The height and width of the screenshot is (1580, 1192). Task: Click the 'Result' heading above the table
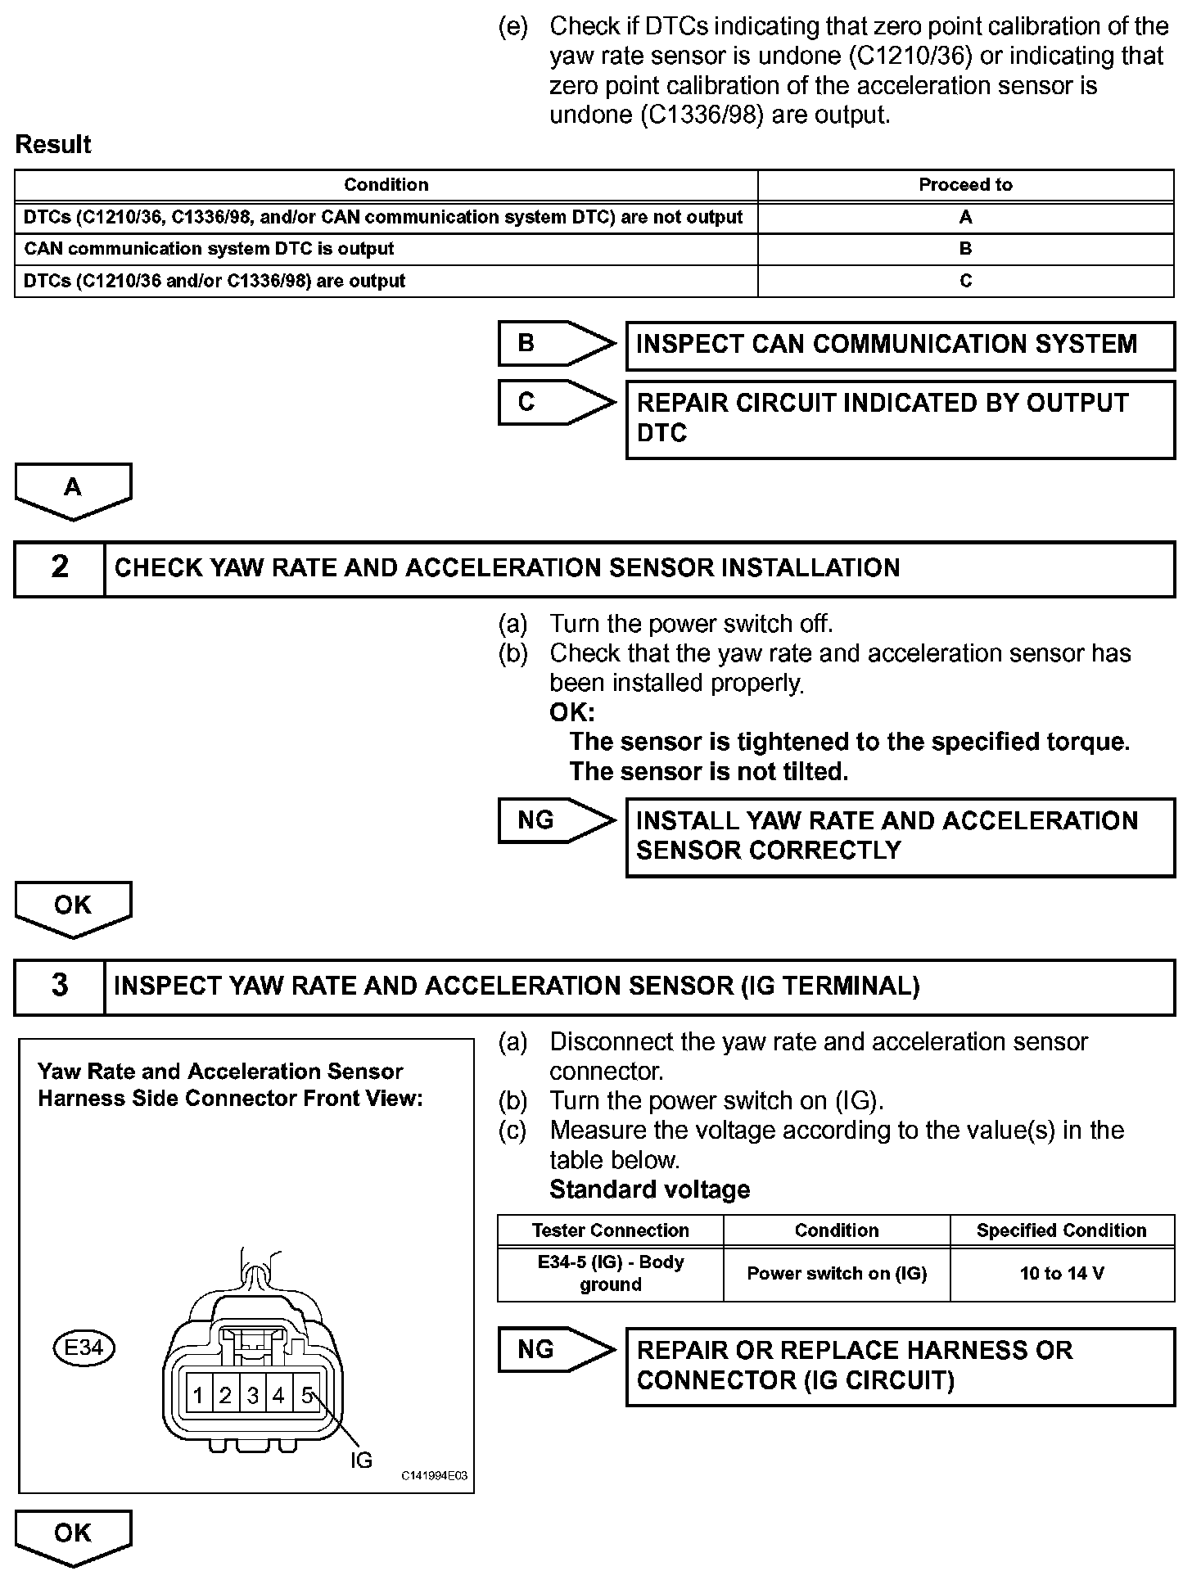coord(53,145)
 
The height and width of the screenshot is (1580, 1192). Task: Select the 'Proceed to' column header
coord(965,185)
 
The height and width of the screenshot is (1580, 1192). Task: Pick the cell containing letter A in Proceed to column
coord(965,217)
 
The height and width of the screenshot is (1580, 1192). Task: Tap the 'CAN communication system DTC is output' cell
coord(209,249)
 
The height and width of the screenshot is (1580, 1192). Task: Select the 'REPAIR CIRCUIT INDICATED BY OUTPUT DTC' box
coord(900,418)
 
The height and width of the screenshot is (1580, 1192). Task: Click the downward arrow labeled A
coord(73,490)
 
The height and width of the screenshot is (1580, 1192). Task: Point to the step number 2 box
coord(60,567)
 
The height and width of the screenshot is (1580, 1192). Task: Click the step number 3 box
coord(60,986)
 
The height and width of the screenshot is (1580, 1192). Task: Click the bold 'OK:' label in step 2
coord(572,712)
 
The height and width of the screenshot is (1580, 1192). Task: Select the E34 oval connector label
coord(84,1348)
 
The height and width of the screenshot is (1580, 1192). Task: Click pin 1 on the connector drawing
coord(198,1396)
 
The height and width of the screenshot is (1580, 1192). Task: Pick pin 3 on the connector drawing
coord(253,1396)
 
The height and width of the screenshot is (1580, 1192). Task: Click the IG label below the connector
coord(361,1460)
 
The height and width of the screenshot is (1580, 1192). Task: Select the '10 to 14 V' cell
coord(1062,1274)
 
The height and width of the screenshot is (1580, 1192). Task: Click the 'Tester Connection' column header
coord(610,1230)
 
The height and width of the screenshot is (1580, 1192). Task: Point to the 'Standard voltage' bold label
coord(649,1190)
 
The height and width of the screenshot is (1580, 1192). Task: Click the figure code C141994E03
coord(434,1475)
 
